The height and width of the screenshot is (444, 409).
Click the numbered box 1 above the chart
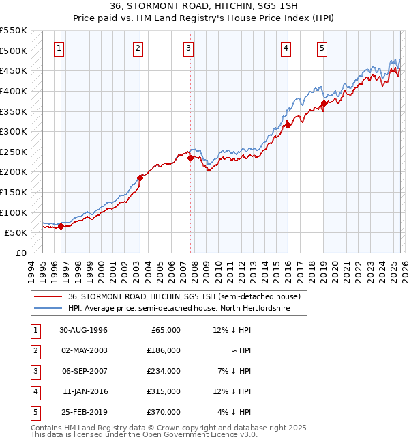pyautogui.click(x=60, y=48)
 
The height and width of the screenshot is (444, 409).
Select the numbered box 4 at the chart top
pyautogui.click(x=285, y=48)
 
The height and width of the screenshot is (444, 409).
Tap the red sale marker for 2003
pyautogui.click(x=140, y=178)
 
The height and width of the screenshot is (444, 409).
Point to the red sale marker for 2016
pyautogui.click(x=288, y=125)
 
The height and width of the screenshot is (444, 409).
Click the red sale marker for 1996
pyautogui.click(x=61, y=227)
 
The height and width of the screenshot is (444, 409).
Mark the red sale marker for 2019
pyautogui.click(x=324, y=103)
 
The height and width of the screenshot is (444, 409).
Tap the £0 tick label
pyautogui.click(x=20, y=253)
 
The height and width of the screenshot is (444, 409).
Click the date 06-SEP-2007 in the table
pyautogui.click(x=84, y=371)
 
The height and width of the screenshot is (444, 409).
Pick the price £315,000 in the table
pyautogui.click(x=164, y=391)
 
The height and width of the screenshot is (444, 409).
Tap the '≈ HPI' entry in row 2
pyautogui.click(x=240, y=350)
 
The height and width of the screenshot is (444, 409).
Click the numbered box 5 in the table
pyautogui.click(x=33, y=412)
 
